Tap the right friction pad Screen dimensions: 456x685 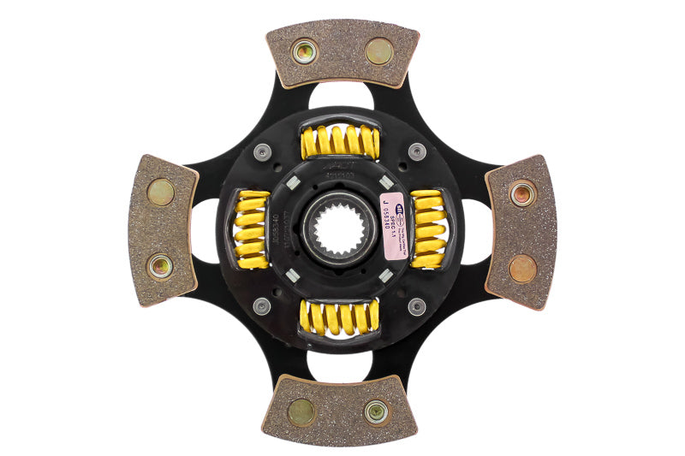click(521, 230)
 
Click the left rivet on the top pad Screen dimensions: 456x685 click(304, 51)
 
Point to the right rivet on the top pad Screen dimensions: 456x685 click(379, 51)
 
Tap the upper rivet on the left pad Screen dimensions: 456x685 click(160, 192)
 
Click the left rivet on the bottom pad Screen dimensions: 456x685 click(301, 412)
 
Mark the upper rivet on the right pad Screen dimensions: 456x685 click(522, 193)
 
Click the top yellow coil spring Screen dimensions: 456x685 click(340, 142)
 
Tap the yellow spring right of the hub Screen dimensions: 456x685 click(427, 229)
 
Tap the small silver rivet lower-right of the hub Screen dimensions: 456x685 click(416, 305)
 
